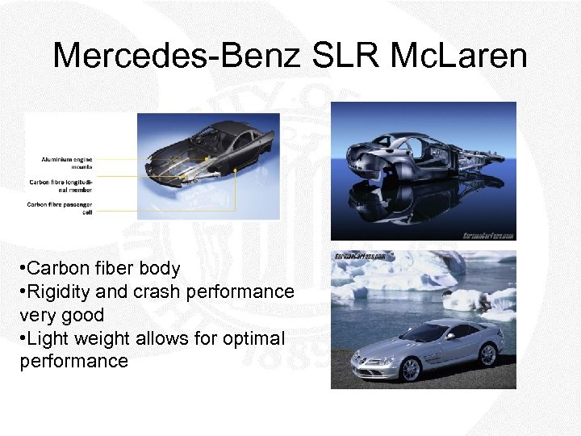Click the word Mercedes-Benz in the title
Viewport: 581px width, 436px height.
pyautogui.click(x=173, y=57)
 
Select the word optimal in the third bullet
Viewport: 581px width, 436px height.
pyautogui.click(x=251, y=337)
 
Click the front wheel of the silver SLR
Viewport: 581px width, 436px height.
pyautogui.click(x=409, y=368)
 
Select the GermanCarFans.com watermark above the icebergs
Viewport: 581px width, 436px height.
pyautogui.click(x=360, y=257)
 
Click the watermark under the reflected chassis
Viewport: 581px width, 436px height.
pyautogui.click(x=489, y=235)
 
